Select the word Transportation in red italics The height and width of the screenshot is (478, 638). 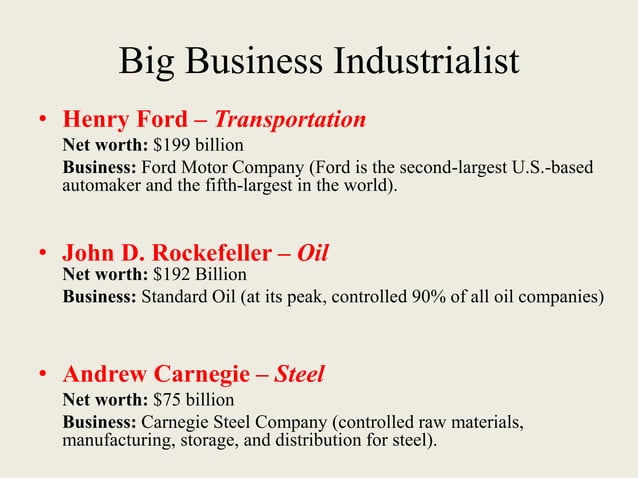tap(290, 121)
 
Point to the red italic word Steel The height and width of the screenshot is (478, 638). tap(299, 375)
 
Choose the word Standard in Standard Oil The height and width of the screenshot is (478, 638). tap(178, 297)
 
